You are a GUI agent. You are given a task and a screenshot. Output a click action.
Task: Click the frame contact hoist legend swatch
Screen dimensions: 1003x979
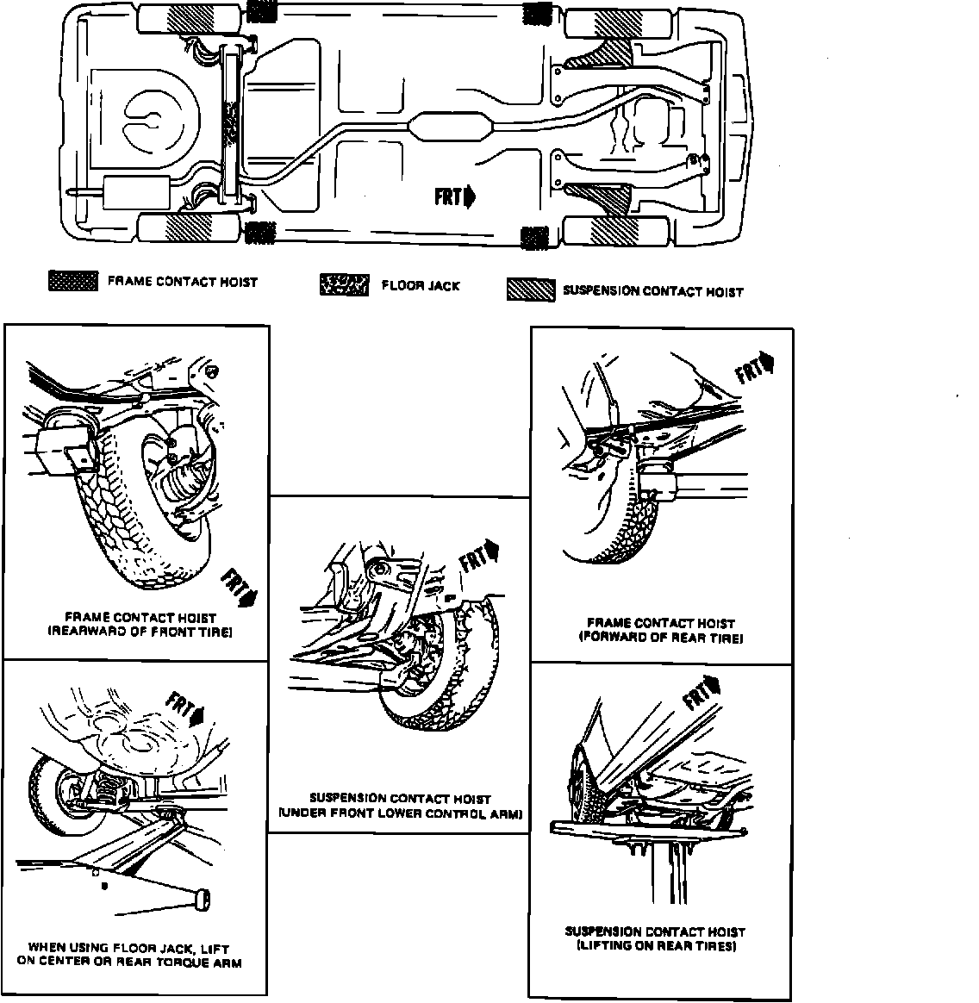[73, 281]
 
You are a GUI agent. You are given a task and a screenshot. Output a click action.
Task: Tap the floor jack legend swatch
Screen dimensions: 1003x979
[344, 284]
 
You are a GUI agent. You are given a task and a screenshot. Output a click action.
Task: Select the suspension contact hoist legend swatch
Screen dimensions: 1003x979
[531, 290]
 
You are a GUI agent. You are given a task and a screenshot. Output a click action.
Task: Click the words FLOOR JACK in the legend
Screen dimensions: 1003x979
[421, 285]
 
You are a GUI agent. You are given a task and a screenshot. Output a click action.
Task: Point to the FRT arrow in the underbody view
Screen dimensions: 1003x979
[455, 197]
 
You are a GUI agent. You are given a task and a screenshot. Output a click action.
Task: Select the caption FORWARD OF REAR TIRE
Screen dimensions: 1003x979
[660, 638]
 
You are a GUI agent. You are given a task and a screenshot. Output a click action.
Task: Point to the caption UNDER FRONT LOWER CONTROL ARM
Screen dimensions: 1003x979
[401, 813]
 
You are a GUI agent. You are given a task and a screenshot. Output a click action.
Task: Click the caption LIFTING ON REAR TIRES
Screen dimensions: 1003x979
[655, 946]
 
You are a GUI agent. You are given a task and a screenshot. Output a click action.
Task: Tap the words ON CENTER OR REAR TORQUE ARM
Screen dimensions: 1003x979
[129, 962]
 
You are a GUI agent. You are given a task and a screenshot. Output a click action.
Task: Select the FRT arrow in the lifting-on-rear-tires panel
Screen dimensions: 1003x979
[700, 693]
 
